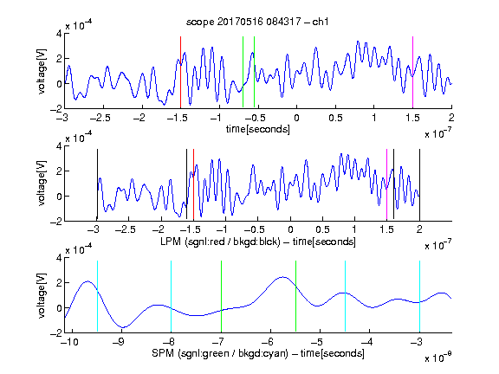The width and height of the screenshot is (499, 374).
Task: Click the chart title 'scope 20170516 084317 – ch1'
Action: (x=257, y=22)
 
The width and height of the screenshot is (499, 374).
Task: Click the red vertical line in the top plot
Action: (x=180, y=73)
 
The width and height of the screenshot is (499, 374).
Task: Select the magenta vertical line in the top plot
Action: (x=412, y=73)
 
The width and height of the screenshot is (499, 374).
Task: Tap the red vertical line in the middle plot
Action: (x=193, y=184)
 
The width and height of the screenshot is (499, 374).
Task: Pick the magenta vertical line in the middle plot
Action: (x=386, y=184)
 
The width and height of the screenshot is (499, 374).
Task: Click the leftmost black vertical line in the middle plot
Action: (x=97, y=184)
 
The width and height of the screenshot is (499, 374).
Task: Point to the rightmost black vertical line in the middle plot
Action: (x=419, y=184)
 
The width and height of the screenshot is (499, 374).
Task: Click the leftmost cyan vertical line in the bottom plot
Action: (x=97, y=296)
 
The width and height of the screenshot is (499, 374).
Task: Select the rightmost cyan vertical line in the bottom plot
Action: (x=419, y=296)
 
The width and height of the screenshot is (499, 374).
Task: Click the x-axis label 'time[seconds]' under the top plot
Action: (x=258, y=129)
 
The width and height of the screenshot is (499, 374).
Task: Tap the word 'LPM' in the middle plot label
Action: (x=171, y=242)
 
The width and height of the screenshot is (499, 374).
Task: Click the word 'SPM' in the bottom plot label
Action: (x=163, y=353)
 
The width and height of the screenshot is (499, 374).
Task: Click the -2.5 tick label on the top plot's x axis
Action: (x=100, y=118)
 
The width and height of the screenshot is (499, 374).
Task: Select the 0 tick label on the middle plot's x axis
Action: (x=290, y=229)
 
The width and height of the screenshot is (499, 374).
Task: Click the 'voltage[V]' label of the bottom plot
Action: (x=42, y=295)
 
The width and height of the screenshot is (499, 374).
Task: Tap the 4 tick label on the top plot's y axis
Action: (x=59, y=34)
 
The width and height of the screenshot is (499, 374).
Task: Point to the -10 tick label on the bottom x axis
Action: (x=69, y=342)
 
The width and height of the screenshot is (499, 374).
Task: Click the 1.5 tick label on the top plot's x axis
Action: (x=412, y=118)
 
